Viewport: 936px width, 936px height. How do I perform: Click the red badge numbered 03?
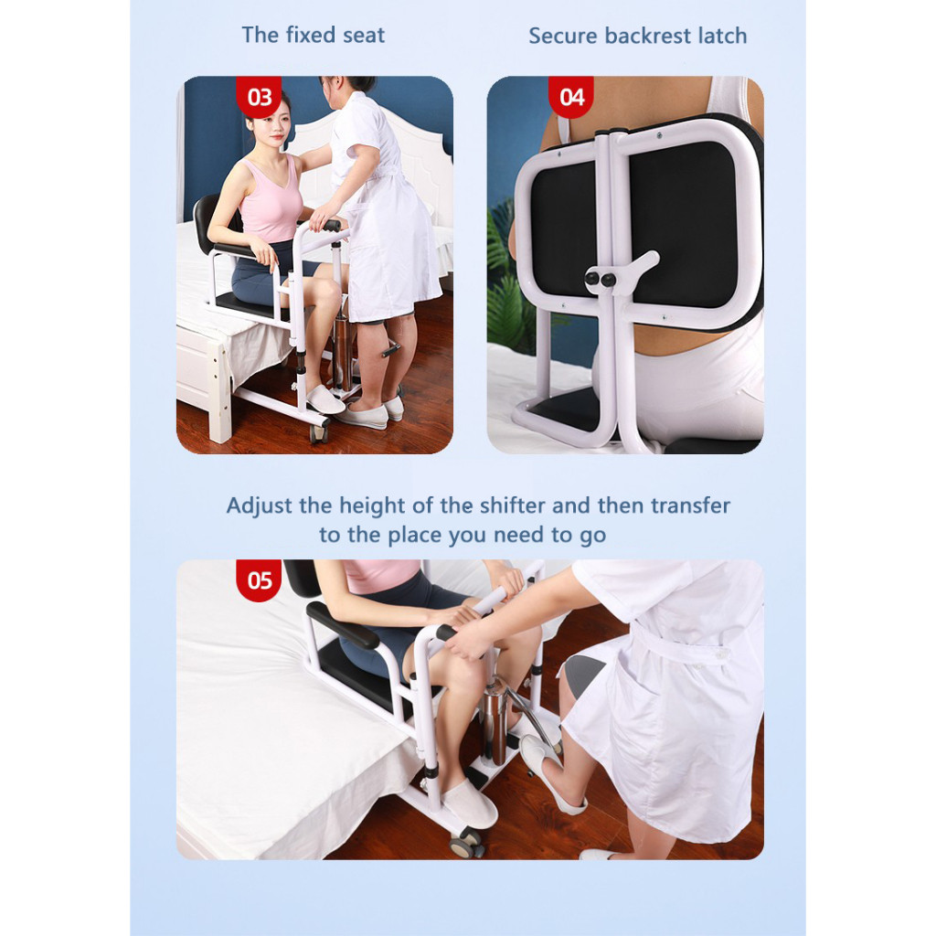click(259, 97)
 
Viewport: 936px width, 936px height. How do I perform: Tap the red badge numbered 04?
click(570, 97)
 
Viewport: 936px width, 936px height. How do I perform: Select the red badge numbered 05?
click(259, 580)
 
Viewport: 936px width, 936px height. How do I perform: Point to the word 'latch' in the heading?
click(722, 36)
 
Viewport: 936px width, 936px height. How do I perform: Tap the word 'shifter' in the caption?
click(513, 505)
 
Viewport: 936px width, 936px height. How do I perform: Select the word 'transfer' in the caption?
click(690, 505)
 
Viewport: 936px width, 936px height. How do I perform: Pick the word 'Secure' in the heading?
click(562, 36)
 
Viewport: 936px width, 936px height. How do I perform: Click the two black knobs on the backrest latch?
click(600, 279)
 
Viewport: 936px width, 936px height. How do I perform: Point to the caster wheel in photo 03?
click(317, 432)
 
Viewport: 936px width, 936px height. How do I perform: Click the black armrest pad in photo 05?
click(344, 625)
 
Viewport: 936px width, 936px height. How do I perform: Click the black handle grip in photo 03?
click(331, 227)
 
